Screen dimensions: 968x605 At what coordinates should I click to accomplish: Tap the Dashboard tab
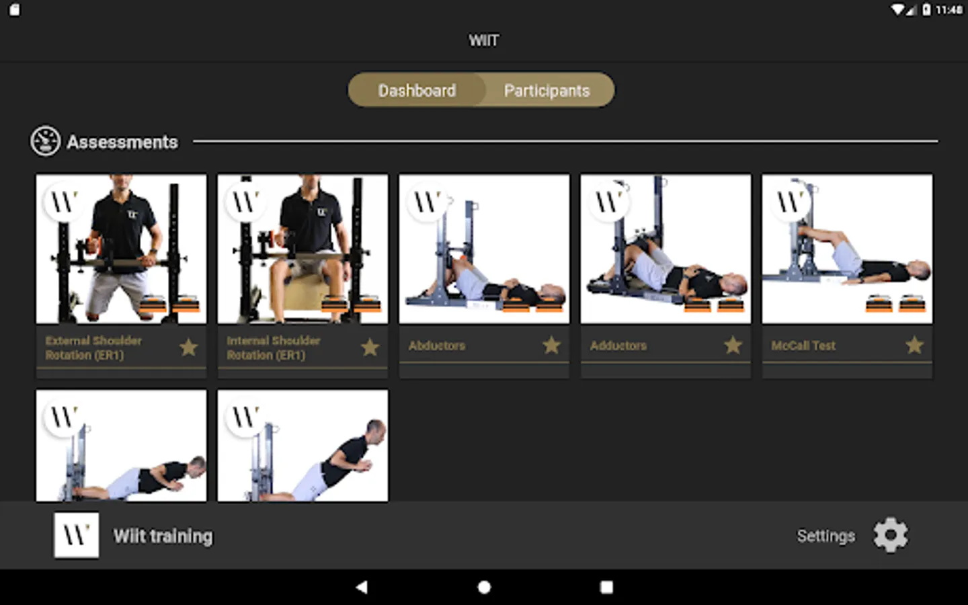pos(417,90)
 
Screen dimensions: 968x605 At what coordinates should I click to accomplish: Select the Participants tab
pos(547,90)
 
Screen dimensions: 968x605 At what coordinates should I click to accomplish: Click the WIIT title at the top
pos(483,40)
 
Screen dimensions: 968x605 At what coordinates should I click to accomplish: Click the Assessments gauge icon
pos(45,141)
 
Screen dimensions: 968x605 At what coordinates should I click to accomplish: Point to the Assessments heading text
pos(122,143)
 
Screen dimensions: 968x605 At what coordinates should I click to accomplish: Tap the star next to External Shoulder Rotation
pos(189,347)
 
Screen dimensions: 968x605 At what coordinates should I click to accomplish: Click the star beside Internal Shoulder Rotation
pos(370,347)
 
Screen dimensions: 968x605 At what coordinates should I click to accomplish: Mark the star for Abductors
pos(552,345)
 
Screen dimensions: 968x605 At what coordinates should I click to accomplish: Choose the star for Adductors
pos(733,345)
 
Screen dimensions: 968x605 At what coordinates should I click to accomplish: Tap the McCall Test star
pos(915,345)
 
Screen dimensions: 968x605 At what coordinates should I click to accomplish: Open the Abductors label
pos(437,346)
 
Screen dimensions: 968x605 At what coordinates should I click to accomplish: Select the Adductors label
pos(618,346)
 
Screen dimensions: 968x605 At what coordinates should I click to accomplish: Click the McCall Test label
pos(803,346)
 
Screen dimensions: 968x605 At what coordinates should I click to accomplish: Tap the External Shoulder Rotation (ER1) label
pos(93,348)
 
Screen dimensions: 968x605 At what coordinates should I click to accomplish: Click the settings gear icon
pos(891,535)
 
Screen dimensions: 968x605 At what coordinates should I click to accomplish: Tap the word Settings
pos(825,536)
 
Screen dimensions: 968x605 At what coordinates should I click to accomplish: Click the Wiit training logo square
pos(77,535)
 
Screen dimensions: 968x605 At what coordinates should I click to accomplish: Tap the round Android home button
pos(484,588)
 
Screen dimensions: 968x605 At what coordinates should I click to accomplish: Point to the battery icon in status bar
pos(926,9)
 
